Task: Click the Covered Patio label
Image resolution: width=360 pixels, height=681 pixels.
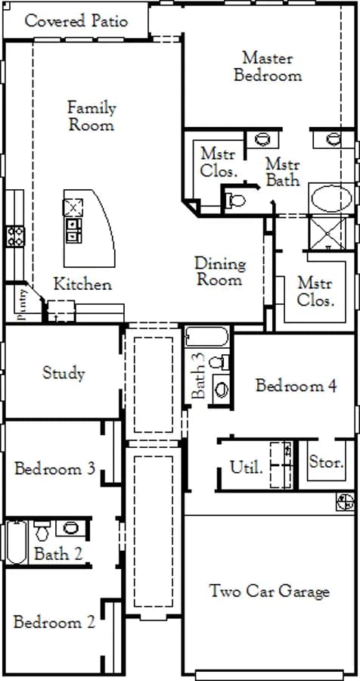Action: (76, 21)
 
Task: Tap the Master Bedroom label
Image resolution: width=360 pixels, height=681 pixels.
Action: (268, 67)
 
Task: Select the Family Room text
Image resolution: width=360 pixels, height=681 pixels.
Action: (92, 117)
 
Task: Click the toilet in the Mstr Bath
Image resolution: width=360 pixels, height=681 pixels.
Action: (235, 201)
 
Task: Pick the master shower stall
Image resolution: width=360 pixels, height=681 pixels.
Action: (327, 233)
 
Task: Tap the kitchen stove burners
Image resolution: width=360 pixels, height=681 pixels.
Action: (15, 237)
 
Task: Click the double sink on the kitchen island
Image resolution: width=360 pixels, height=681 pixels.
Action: (73, 230)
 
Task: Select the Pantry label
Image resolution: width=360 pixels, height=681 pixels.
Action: (23, 304)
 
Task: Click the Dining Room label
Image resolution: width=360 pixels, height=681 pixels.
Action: (219, 272)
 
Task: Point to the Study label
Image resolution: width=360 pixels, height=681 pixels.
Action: (64, 373)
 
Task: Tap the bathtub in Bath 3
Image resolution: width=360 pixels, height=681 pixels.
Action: (206, 337)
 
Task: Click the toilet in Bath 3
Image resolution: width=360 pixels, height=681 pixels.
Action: (219, 362)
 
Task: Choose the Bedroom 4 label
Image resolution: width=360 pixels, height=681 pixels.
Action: (296, 385)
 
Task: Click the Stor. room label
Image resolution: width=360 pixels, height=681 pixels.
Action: (326, 462)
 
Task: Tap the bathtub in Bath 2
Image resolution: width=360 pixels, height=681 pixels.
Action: (17, 543)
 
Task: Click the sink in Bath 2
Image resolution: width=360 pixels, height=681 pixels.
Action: (70, 528)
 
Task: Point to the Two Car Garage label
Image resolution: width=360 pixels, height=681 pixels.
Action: (269, 592)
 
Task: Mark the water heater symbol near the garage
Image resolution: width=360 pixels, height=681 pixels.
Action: (345, 502)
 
